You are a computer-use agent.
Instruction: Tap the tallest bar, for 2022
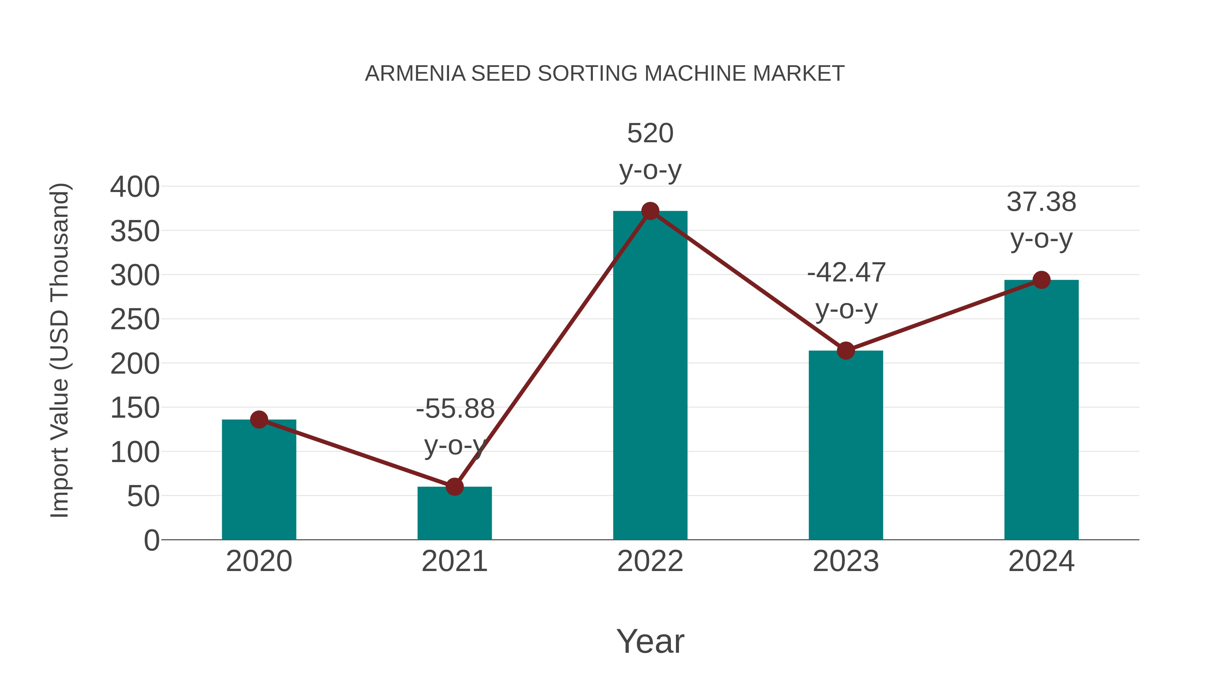pos(650,376)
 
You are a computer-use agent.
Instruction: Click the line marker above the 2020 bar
pos(259,420)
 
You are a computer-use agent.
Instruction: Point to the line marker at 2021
pos(454,487)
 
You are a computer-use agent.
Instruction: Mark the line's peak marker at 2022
pos(650,211)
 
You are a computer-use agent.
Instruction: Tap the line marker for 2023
pos(846,351)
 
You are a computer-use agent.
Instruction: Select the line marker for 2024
pos(1041,280)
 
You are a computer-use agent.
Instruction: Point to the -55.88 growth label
pos(455,408)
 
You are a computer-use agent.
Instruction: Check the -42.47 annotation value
pos(846,273)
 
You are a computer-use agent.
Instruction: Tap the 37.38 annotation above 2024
pos(1041,202)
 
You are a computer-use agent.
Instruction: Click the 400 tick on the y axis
pos(135,187)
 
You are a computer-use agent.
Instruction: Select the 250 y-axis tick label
pos(135,320)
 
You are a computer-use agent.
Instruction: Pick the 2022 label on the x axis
pos(650,561)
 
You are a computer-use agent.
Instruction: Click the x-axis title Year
pos(650,641)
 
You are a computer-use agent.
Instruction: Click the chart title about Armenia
pos(605,74)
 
